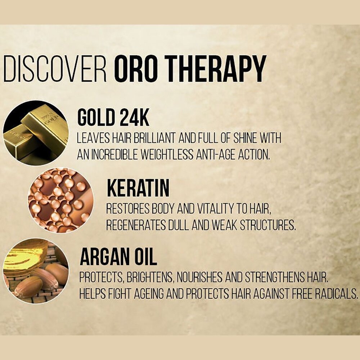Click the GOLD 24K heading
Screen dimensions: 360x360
(113, 118)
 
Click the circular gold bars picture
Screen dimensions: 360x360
(35, 133)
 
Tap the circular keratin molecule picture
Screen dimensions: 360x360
(60, 200)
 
